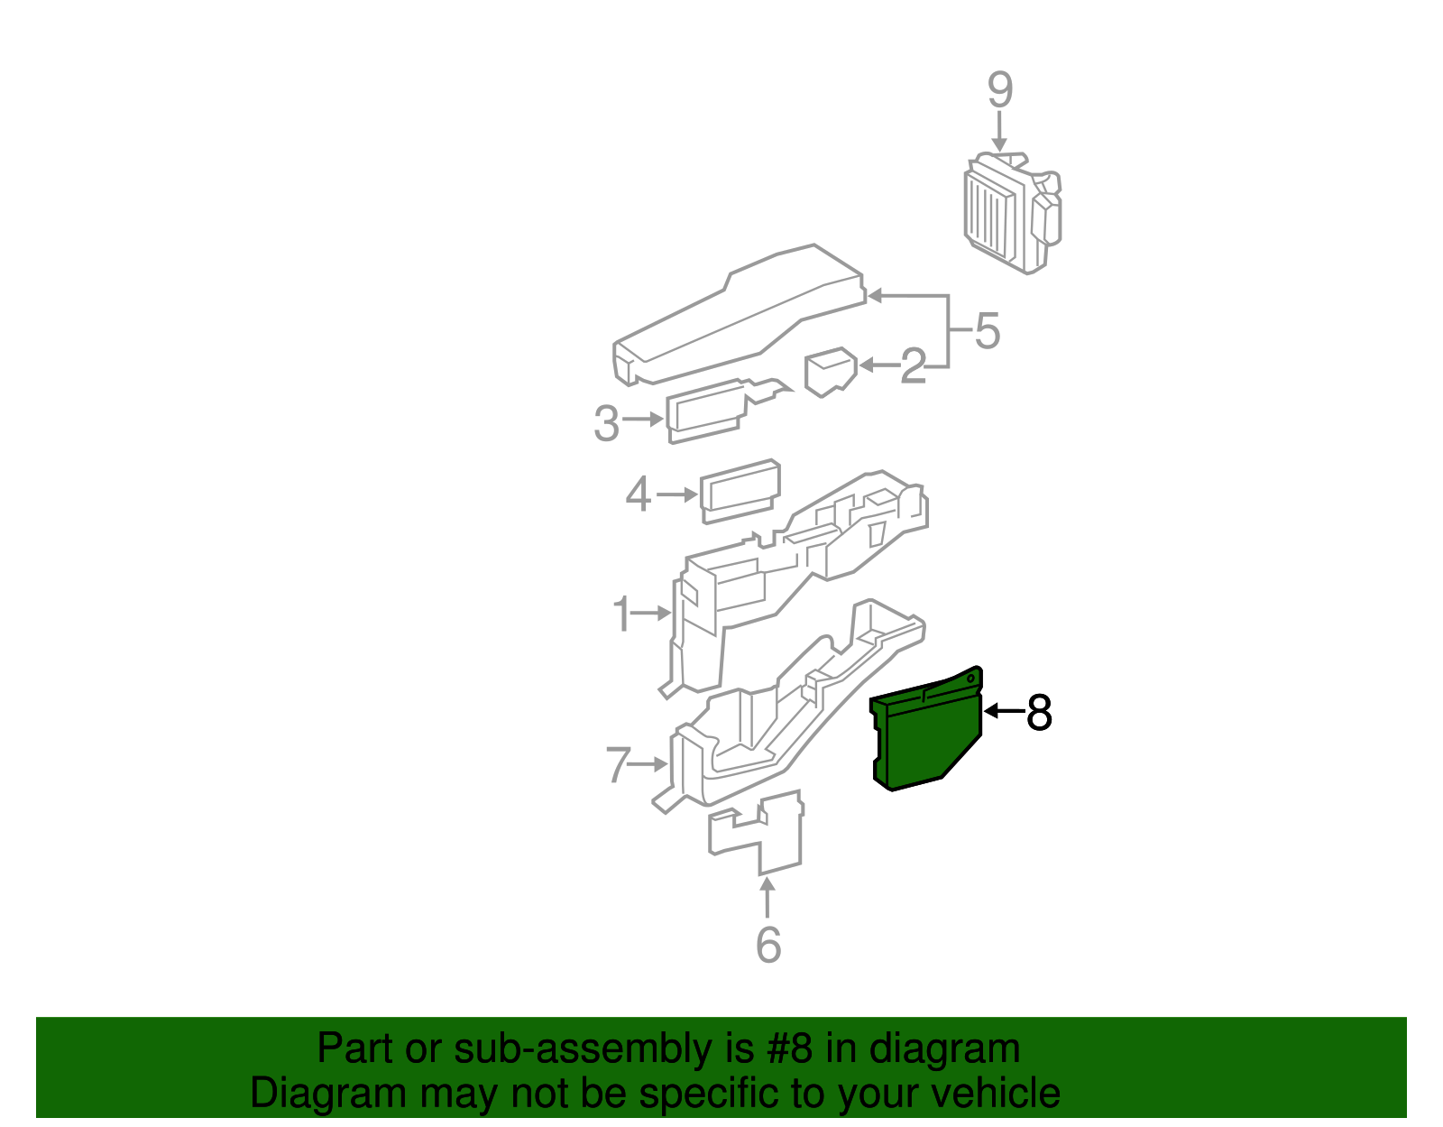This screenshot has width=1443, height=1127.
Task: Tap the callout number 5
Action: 988,331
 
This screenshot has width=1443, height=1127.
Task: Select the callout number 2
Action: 913,366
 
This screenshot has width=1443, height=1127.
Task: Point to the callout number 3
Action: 607,423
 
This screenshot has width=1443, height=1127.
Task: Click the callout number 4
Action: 639,494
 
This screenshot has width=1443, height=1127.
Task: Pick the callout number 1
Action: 621,614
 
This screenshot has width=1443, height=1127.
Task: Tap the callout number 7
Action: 617,765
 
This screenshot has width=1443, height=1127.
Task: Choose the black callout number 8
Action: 1039,713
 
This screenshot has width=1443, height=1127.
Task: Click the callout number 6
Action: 767,945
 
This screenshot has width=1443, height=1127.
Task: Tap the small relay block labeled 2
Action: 830,371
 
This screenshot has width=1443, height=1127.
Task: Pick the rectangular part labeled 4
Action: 740,491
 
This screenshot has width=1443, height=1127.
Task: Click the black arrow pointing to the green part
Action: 1003,711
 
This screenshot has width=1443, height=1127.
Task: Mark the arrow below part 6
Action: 767,899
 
